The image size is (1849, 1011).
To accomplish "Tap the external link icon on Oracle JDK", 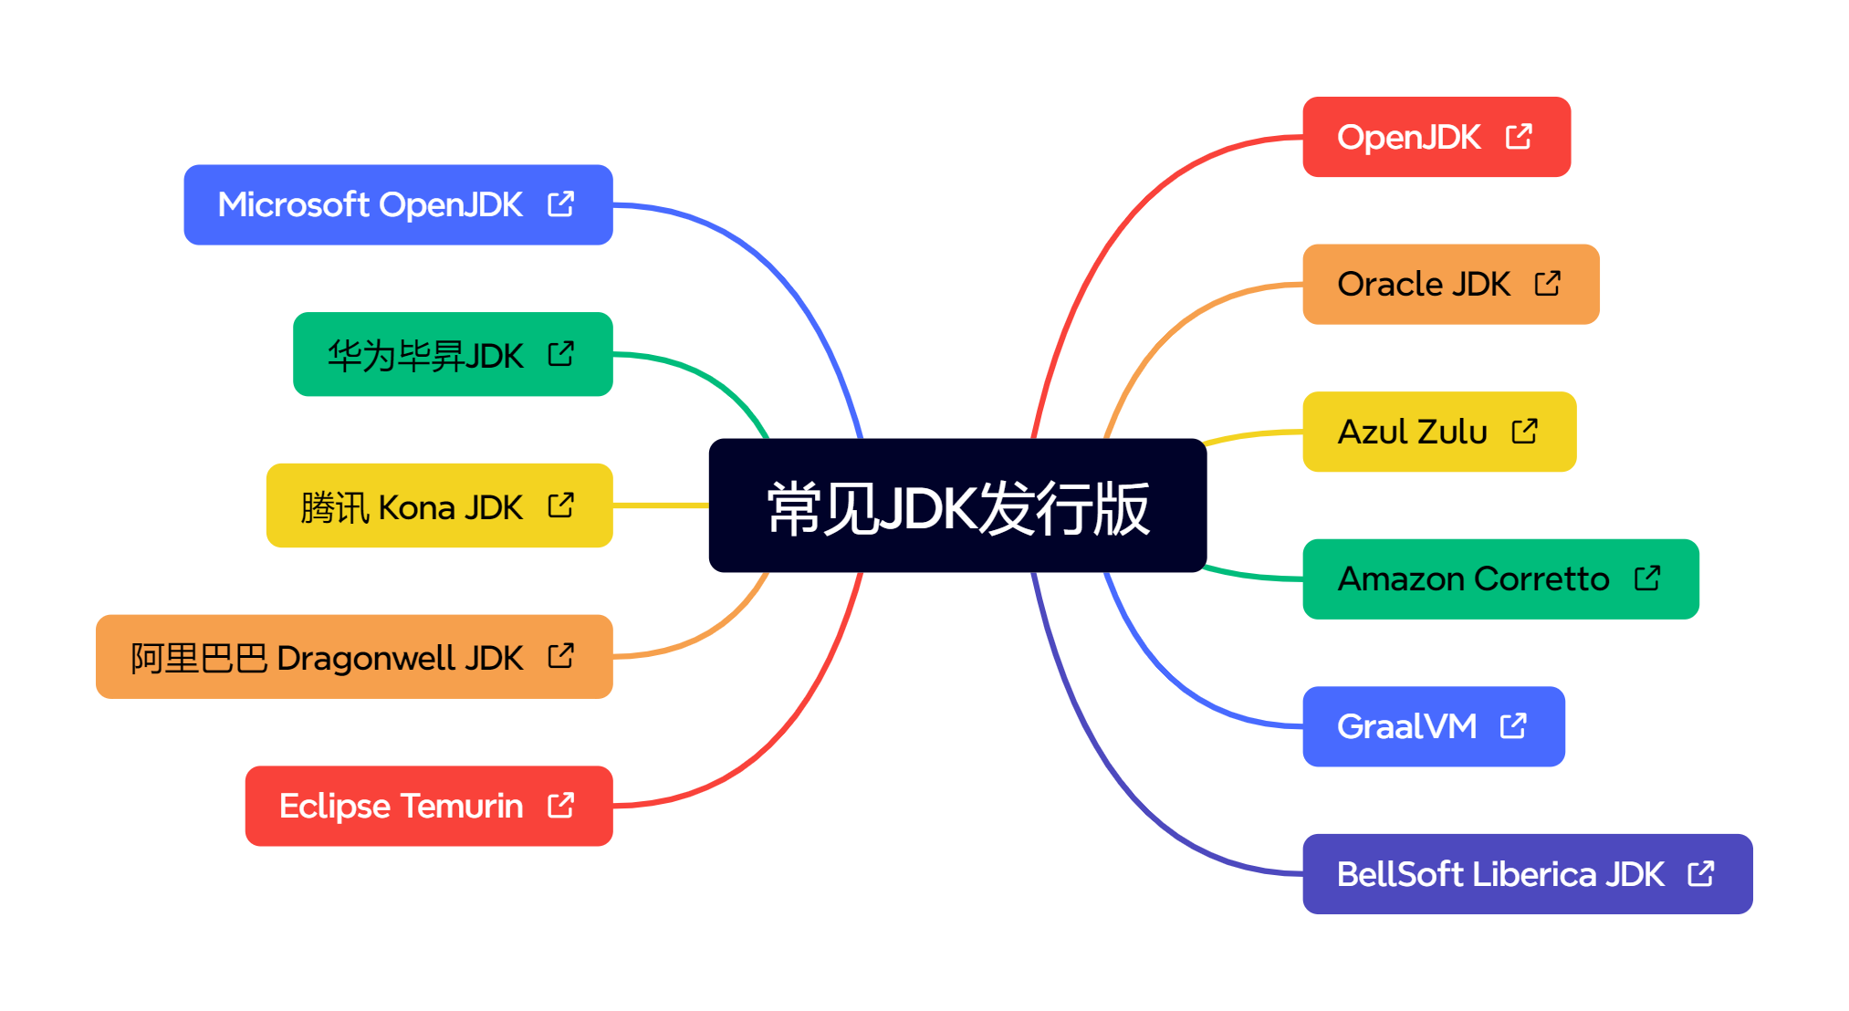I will [x=1548, y=284].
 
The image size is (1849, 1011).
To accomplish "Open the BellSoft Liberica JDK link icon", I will [x=1701, y=874].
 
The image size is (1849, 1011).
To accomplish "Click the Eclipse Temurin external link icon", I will [x=560, y=806].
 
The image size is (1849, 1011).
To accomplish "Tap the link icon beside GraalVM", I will [x=1513, y=726].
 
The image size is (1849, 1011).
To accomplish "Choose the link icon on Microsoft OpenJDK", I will [x=560, y=204].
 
